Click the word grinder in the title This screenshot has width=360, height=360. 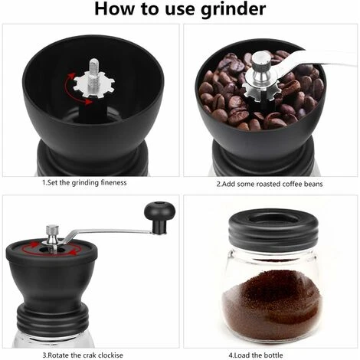point(234,9)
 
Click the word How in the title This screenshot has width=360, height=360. point(115,8)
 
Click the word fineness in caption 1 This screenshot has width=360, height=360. point(113,182)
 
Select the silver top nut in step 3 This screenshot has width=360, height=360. point(52,234)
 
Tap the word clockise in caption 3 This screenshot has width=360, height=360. point(110,355)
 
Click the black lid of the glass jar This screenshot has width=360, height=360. point(273,228)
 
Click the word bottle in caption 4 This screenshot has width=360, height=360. point(273,355)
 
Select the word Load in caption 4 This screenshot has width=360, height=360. point(242,355)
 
